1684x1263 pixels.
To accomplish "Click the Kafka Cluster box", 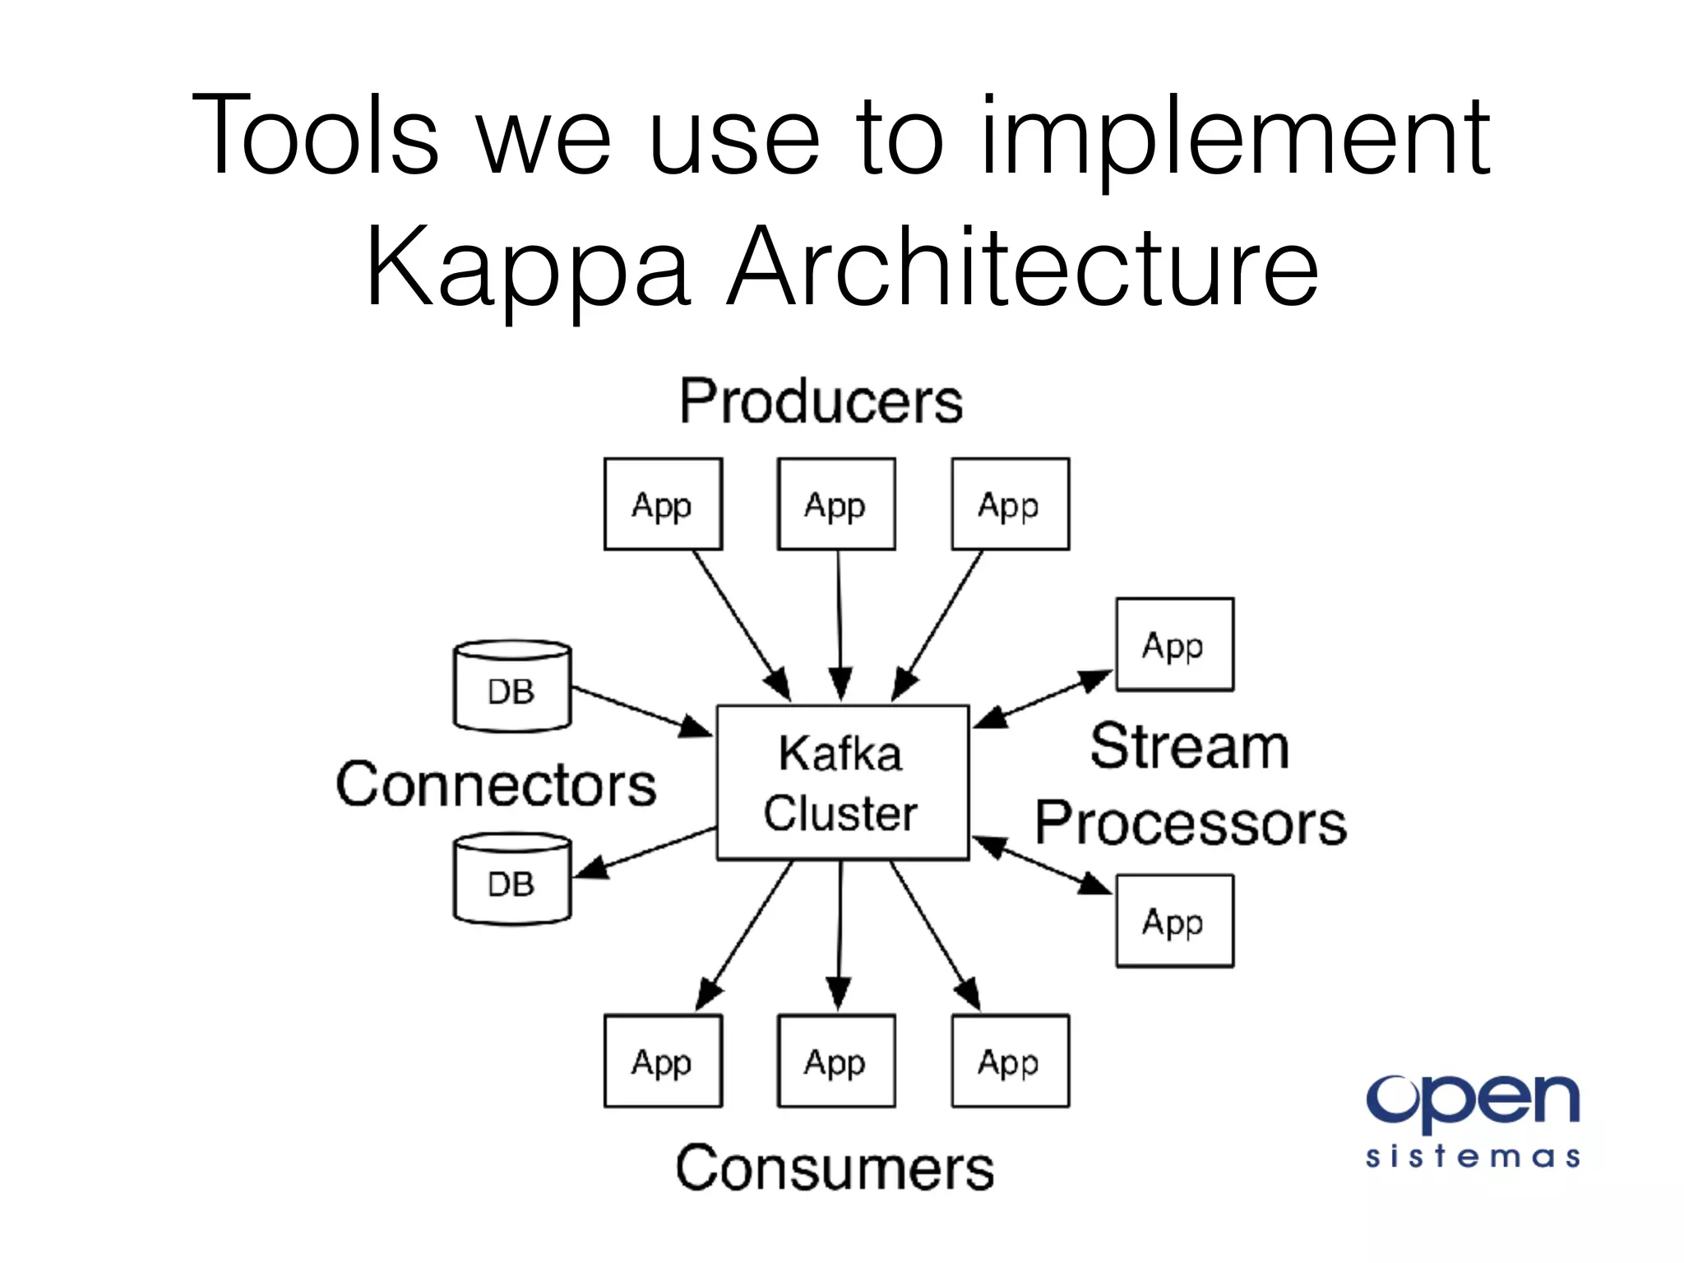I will (x=842, y=782).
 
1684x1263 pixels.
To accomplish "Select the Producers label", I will (x=821, y=402).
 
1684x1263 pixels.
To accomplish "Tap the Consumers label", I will (x=835, y=1168).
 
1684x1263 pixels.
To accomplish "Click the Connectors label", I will (x=496, y=785).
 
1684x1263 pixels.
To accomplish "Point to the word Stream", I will (x=1189, y=747).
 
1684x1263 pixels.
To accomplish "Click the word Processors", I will (x=1190, y=823).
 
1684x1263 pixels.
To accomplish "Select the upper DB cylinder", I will (x=512, y=687).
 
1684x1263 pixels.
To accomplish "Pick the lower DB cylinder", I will (x=512, y=880).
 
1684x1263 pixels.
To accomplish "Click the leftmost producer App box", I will (x=663, y=504).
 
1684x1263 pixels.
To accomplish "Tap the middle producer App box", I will (x=836, y=504).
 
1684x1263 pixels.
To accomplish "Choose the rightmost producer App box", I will (x=1010, y=504).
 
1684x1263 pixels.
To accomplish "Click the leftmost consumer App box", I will (x=663, y=1061).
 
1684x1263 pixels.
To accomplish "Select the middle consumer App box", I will (x=836, y=1061).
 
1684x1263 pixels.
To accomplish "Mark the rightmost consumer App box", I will (x=1010, y=1061).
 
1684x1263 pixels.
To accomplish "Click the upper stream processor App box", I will (x=1174, y=645).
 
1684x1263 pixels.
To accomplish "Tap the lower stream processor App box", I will (x=1174, y=921).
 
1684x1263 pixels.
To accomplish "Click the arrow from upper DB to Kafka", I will (x=641, y=711).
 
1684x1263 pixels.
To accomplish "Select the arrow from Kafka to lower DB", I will (x=645, y=852).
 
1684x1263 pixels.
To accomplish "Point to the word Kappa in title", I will (x=526, y=268).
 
